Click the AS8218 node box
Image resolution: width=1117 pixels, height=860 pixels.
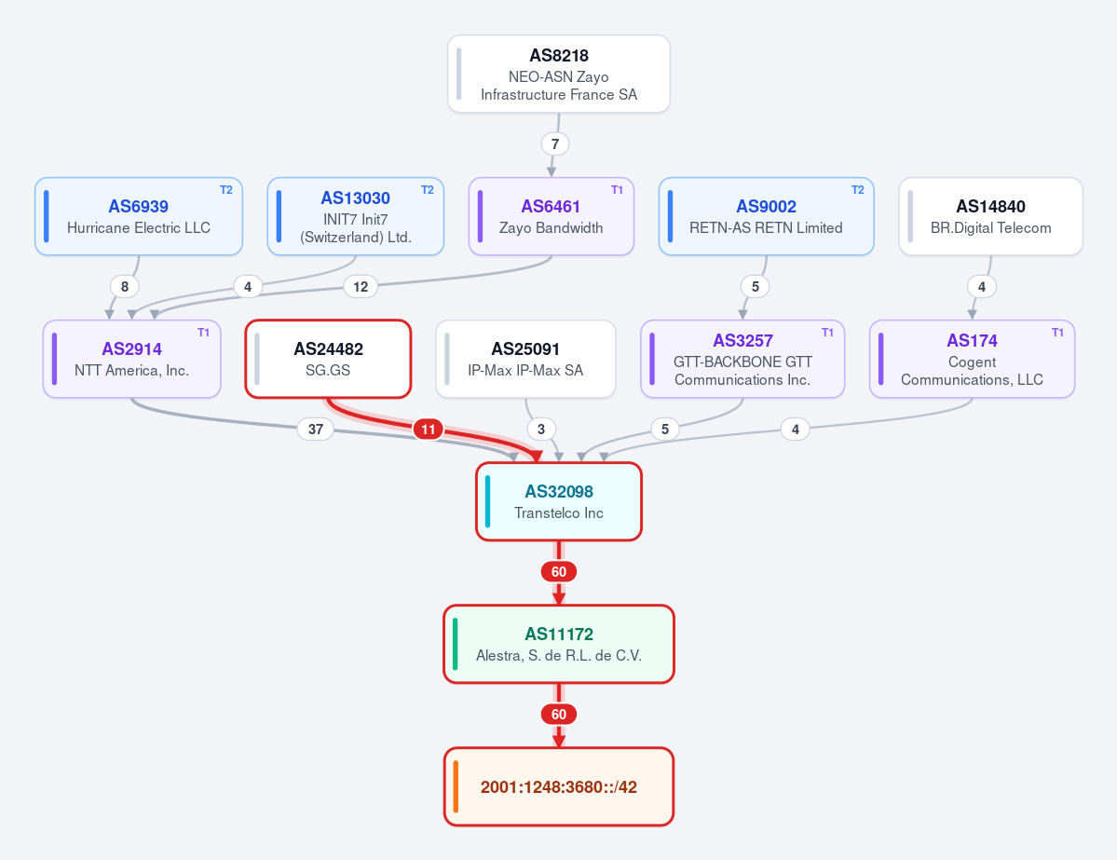559,75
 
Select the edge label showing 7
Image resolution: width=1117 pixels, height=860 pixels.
555,143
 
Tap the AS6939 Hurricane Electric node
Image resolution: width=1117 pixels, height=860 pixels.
139,216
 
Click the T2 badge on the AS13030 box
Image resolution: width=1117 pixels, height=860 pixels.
428,190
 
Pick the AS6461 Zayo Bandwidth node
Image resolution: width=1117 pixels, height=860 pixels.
552,216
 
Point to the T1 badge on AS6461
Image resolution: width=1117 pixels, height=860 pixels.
617,190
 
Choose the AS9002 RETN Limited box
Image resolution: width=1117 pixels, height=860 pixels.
767,216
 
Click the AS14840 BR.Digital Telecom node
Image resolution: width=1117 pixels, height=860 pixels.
991,216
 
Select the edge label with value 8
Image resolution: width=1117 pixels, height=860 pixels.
125,286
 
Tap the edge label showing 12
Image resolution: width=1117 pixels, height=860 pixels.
361,286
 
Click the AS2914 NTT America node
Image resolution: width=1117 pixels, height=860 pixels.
131,359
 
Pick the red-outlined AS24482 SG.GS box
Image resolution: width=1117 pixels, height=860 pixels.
329,359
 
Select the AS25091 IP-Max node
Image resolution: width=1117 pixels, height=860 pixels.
525,359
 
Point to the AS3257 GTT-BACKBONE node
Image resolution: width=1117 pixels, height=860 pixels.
743,359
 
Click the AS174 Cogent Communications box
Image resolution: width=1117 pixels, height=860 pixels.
973,359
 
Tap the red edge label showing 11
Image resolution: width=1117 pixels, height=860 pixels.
429,429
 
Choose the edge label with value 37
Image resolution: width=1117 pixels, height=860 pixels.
316,429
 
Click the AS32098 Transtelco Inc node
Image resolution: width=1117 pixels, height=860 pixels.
559,501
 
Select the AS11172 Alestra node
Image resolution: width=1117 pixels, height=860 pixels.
559,644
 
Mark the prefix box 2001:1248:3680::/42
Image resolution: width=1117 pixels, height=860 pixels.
559,786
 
